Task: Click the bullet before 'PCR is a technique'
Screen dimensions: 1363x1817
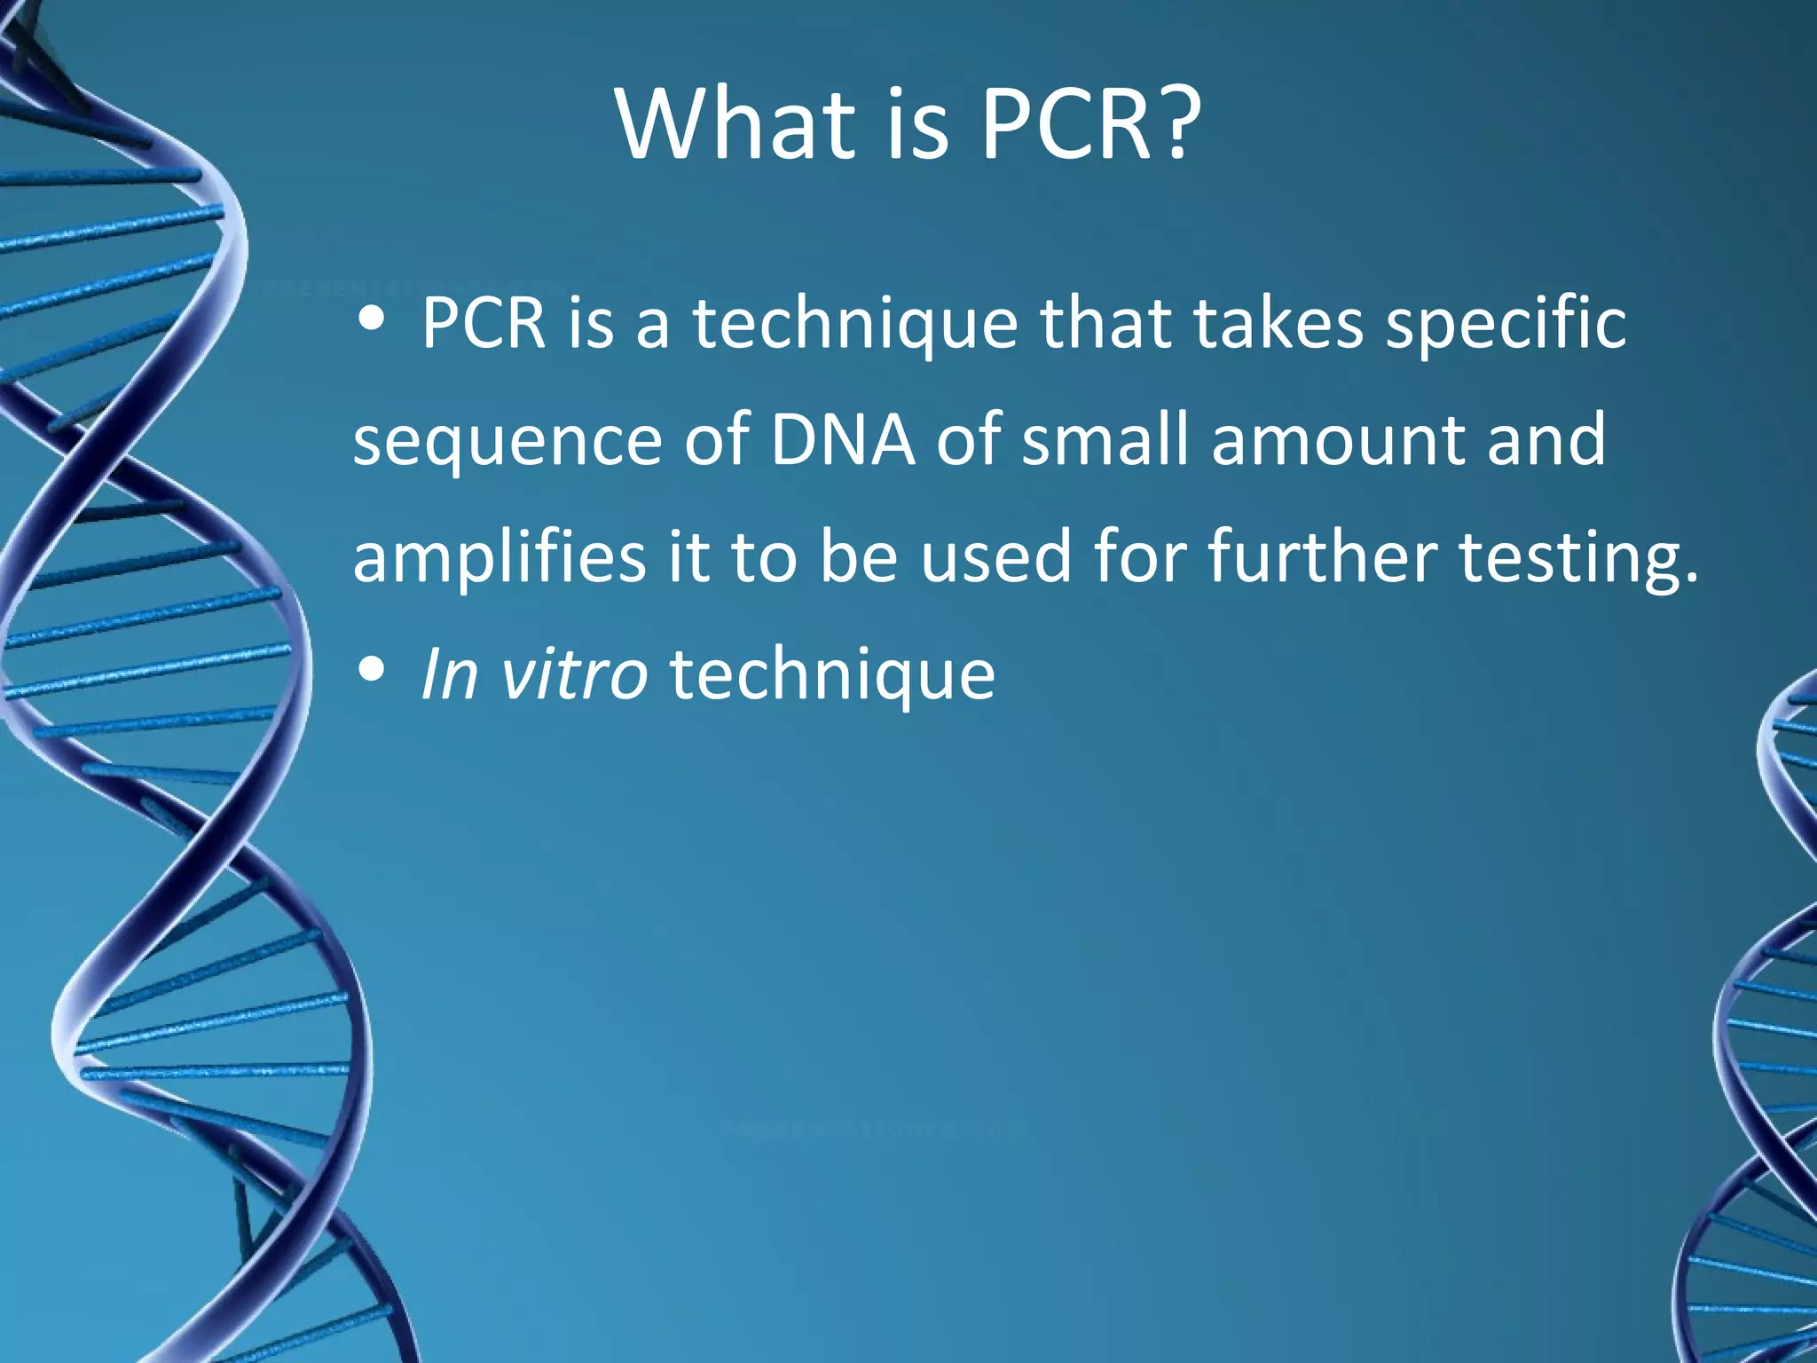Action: pos(372,321)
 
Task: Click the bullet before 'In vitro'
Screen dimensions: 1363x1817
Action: pos(372,671)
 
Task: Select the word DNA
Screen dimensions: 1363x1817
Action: pos(842,439)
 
